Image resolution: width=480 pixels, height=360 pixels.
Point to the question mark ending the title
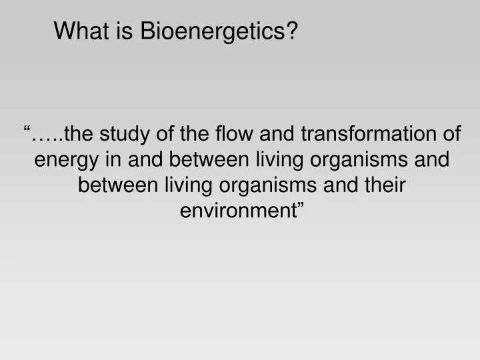(292, 31)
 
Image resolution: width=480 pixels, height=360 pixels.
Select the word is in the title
(127, 31)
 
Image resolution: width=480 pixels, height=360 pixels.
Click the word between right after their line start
(118, 185)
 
